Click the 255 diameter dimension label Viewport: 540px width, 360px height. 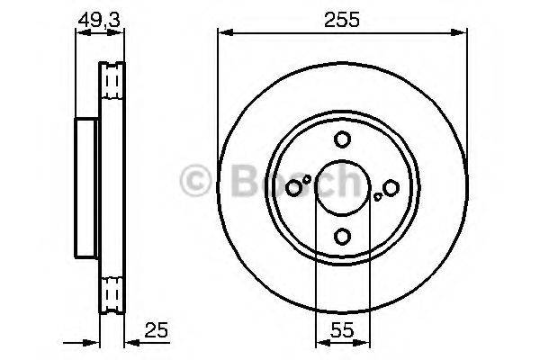click(342, 19)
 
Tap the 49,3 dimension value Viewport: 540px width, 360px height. click(99, 21)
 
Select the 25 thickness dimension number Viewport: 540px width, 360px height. click(156, 330)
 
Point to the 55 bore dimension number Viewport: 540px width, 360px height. click(342, 330)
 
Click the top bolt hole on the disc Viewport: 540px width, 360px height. click(342, 139)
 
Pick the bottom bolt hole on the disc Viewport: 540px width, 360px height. click(343, 237)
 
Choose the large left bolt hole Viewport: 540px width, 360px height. click(293, 188)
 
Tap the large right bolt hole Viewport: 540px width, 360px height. click(391, 188)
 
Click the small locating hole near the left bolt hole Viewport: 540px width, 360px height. click(307, 179)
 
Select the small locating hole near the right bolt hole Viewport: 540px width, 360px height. click(378, 197)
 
